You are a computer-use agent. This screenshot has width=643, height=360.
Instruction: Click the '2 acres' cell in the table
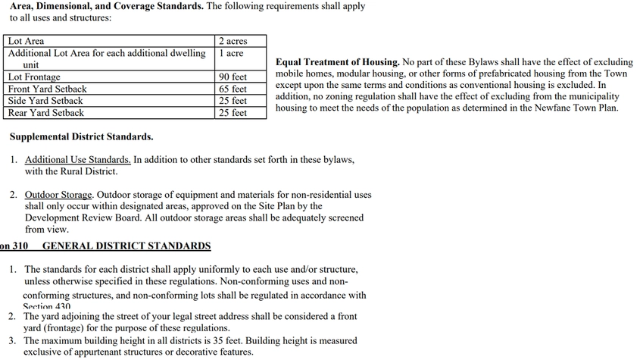[232, 41]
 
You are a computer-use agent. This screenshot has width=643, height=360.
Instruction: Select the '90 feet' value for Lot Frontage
[233, 77]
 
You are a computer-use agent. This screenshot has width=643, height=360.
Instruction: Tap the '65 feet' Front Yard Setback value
[233, 89]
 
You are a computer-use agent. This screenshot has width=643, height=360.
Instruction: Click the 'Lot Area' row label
[26, 41]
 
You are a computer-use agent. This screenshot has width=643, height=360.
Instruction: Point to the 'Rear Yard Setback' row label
[45, 113]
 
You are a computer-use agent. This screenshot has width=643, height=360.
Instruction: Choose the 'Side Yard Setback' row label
[45, 101]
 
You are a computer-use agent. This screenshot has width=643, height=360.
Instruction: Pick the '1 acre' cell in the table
[231, 53]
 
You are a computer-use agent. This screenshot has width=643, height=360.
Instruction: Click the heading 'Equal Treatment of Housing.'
[337, 62]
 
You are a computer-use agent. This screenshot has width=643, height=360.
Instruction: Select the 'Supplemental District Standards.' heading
[81, 137]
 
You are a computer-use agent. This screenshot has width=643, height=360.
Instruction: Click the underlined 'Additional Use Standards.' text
[77, 160]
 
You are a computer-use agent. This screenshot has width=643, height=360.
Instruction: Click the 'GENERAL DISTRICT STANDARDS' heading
[126, 246]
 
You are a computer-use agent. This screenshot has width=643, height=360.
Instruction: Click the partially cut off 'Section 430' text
[47, 305]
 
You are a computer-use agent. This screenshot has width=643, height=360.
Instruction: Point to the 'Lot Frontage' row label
[34, 77]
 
